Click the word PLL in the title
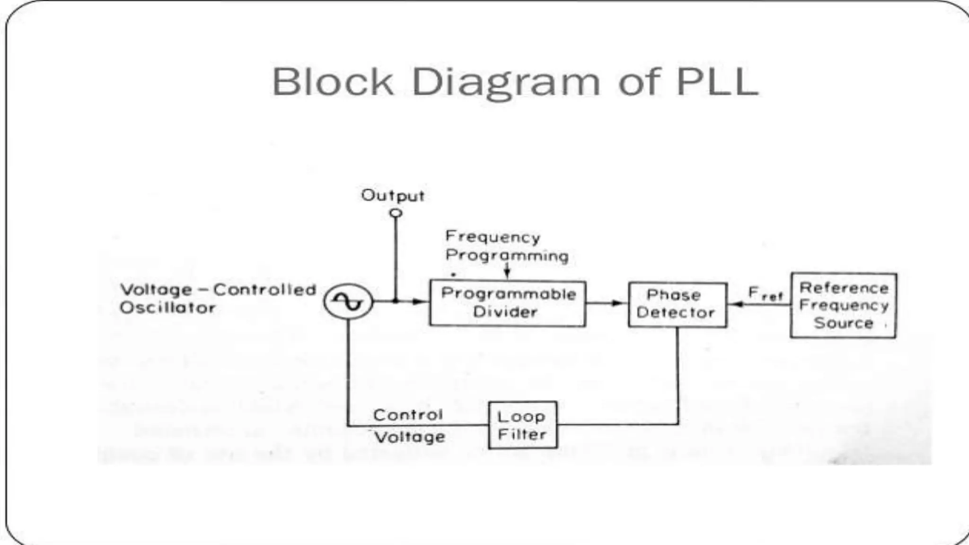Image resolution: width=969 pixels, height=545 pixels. (x=717, y=82)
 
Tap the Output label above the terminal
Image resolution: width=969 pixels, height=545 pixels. (x=392, y=195)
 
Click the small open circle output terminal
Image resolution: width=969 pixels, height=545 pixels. (x=396, y=213)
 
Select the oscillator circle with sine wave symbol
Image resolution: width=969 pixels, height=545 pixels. (x=348, y=301)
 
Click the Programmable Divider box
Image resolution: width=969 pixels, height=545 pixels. (x=507, y=303)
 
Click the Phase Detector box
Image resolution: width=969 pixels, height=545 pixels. (x=677, y=304)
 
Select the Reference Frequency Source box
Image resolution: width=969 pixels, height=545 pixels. (x=843, y=305)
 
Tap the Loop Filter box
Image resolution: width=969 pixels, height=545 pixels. (x=522, y=425)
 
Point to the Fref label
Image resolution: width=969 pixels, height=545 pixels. (x=765, y=294)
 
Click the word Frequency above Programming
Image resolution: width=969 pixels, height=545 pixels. (x=493, y=237)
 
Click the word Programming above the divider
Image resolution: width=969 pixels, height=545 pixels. (x=507, y=255)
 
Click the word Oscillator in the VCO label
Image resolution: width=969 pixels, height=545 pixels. (x=167, y=308)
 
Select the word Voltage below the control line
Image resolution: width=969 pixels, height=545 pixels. (x=410, y=437)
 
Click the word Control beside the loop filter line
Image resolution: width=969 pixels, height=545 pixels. (x=408, y=415)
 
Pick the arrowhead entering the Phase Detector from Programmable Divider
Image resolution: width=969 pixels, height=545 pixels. (x=618, y=303)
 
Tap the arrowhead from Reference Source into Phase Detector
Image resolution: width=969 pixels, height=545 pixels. (x=737, y=304)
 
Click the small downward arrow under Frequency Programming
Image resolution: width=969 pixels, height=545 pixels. (x=507, y=274)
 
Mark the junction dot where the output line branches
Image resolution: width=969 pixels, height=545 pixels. (x=396, y=301)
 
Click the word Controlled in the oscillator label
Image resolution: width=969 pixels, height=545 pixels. (x=264, y=290)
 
